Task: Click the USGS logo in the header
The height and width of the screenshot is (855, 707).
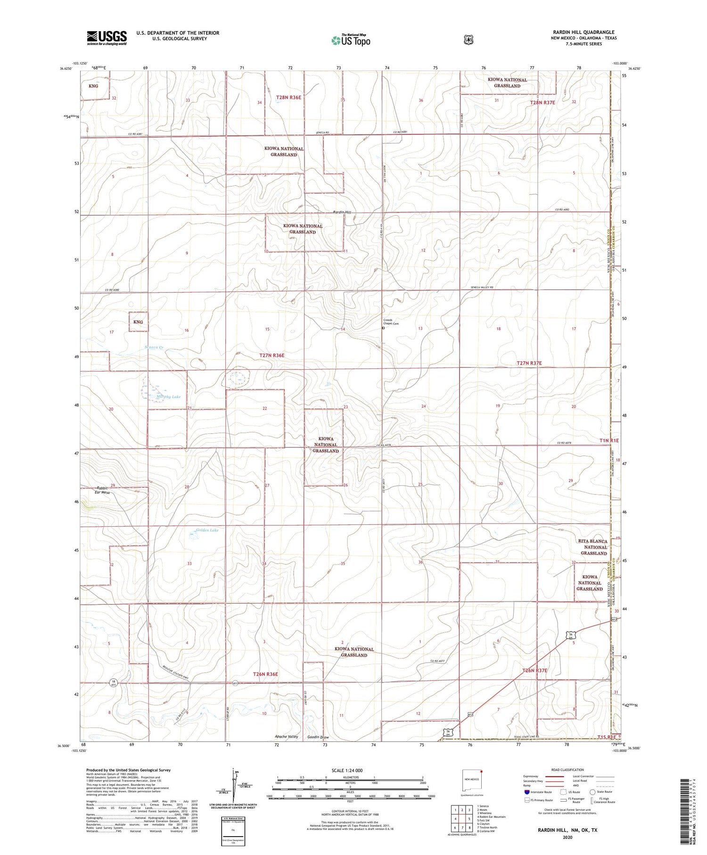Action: point(107,38)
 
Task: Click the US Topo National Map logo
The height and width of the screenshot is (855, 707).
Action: point(351,40)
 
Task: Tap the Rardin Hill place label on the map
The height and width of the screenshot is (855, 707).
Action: point(342,212)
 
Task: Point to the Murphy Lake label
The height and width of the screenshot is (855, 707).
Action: point(168,397)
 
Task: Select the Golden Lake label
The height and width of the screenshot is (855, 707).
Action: point(207,530)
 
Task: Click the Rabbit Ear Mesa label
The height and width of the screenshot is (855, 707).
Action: point(103,490)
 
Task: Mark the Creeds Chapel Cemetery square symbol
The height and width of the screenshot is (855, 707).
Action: point(383,329)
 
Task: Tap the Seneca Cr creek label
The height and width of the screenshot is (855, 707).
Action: point(154,348)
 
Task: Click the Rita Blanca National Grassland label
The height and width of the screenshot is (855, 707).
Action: point(593,547)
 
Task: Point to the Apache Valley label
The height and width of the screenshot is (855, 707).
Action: point(287,737)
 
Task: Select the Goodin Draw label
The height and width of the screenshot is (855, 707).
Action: point(318,737)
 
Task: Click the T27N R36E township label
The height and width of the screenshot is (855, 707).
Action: point(272,355)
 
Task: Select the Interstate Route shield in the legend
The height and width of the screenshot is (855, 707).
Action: point(526,792)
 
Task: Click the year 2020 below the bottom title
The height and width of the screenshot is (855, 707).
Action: point(567,838)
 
